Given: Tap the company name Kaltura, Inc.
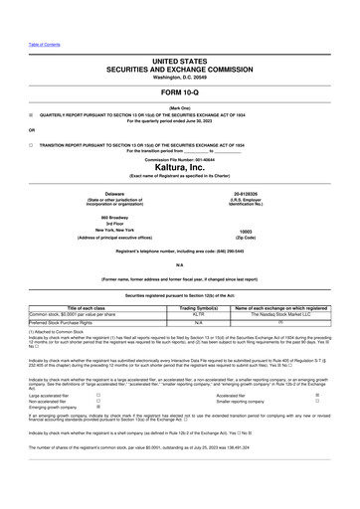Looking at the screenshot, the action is click(x=180, y=167).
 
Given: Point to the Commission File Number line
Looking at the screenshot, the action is click(x=180, y=159).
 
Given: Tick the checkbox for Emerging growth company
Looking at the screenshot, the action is click(x=97, y=408).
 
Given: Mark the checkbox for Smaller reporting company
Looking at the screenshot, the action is click(x=316, y=401).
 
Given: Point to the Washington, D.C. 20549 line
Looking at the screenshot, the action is click(x=180, y=80).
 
